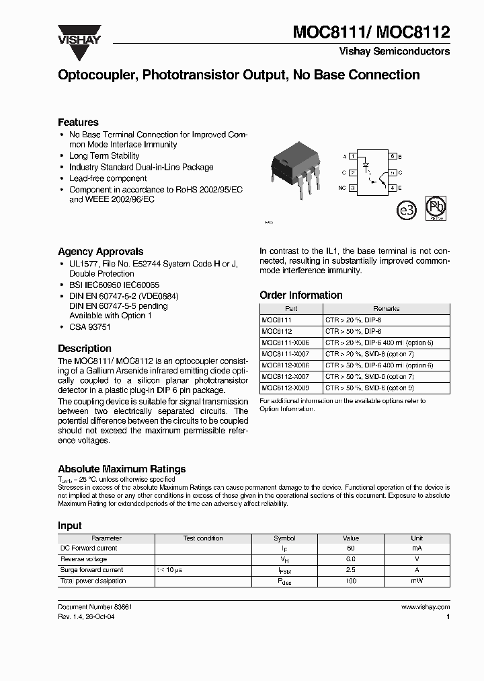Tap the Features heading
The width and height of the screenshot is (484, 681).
pos(78,122)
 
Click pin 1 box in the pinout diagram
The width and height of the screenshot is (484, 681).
pos(352,156)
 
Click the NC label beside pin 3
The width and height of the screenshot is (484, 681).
pos(342,188)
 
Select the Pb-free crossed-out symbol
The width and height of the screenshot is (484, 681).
pos(437,209)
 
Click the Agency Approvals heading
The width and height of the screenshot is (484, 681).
pos(100,251)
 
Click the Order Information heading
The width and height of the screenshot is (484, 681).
pos(300,295)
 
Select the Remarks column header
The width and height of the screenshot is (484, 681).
pos(386,309)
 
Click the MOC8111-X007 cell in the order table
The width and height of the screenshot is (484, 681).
pos(286,354)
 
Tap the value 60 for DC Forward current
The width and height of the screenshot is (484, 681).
pos(351,548)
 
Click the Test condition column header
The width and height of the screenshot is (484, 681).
pos(203,538)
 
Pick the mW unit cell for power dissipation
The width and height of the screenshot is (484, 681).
pos(417,581)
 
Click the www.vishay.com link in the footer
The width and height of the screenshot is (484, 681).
pos(426,607)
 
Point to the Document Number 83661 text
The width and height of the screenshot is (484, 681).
pos(95,607)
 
